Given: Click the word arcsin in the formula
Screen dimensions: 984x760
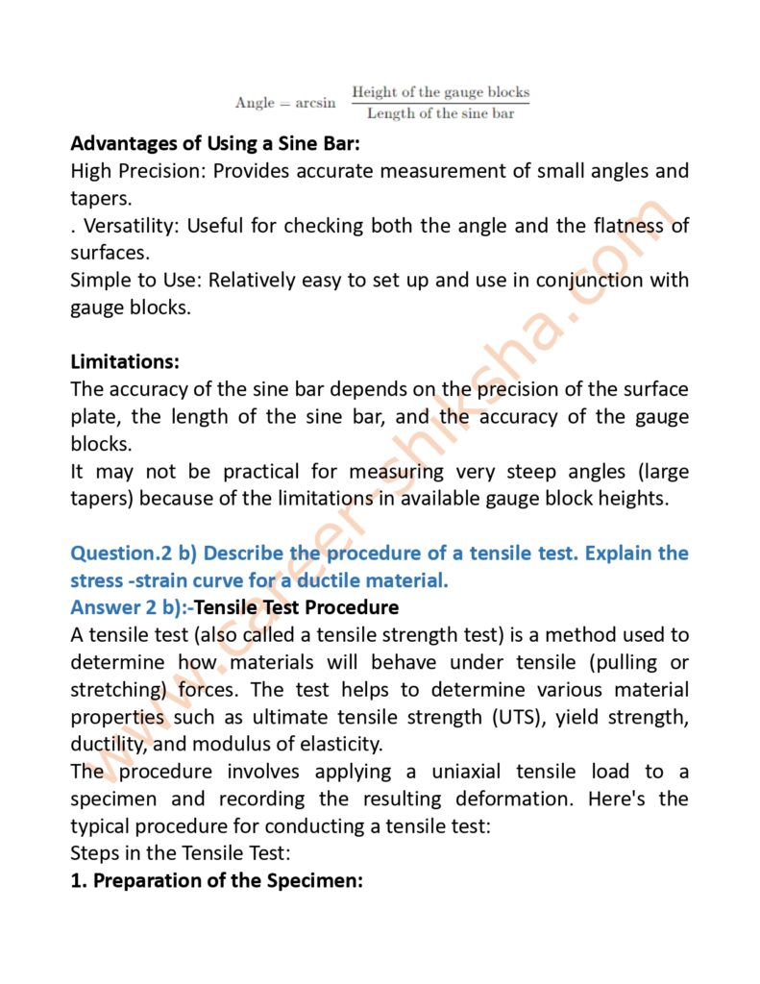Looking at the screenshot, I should coord(316,103).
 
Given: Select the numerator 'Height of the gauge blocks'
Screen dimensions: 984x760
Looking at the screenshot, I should coord(440,92).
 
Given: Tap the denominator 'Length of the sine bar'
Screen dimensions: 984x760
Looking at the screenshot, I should coord(440,113).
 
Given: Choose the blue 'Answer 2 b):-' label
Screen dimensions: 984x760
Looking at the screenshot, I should coord(132,608).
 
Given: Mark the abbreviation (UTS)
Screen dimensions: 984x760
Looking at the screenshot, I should coord(448,718).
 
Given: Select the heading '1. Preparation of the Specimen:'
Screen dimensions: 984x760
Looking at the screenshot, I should coord(216,880).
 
